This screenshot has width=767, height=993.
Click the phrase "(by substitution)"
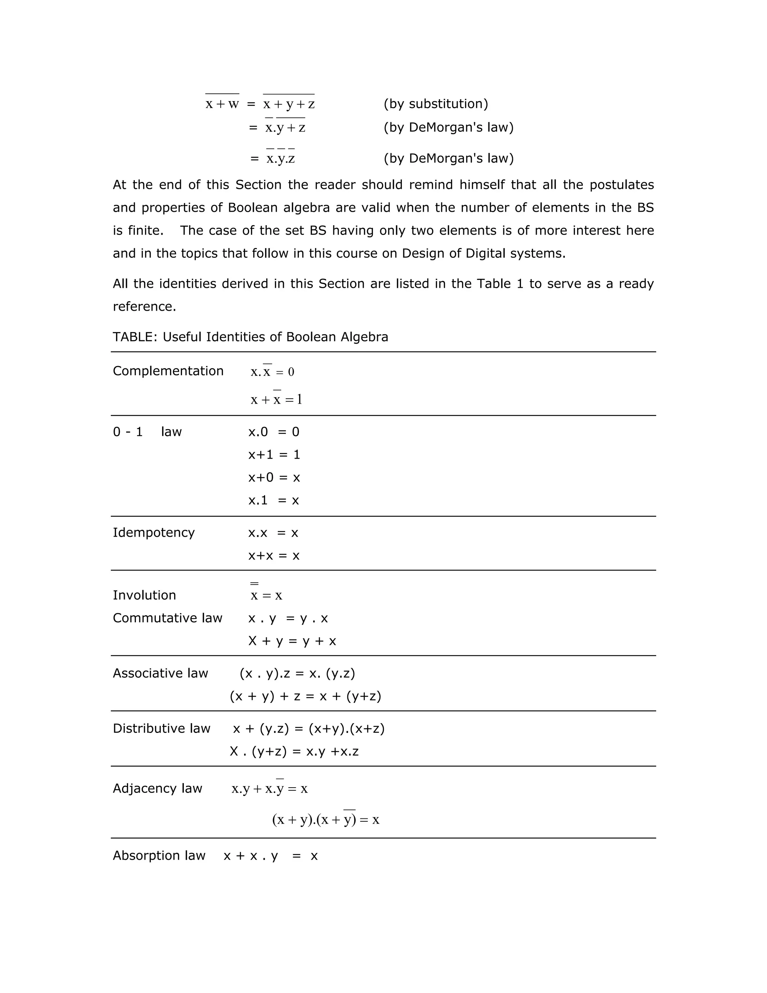pyautogui.click(x=435, y=104)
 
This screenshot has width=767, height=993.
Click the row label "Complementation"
pyautogui.click(x=168, y=371)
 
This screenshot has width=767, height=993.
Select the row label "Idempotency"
pyautogui.click(x=154, y=532)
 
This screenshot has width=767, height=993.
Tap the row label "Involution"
pyautogui.click(x=144, y=595)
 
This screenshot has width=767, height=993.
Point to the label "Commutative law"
pyautogui.click(x=167, y=618)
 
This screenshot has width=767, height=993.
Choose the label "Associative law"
pyautogui.click(x=160, y=673)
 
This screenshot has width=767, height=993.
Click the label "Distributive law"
pyautogui.click(x=161, y=728)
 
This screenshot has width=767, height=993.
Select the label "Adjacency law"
pyautogui.click(x=157, y=788)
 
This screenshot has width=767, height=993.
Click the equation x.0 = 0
pyautogui.click(x=273, y=432)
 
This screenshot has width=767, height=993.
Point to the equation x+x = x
pyautogui.click(x=273, y=556)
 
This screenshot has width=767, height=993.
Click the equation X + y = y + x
pyautogui.click(x=292, y=641)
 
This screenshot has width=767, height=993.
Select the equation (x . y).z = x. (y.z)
pyautogui.click(x=297, y=673)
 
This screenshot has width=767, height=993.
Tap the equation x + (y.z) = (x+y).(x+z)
pyautogui.click(x=309, y=728)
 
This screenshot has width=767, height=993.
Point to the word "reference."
pyautogui.click(x=144, y=307)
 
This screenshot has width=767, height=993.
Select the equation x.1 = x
pyautogui.click(x=273, y=501)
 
